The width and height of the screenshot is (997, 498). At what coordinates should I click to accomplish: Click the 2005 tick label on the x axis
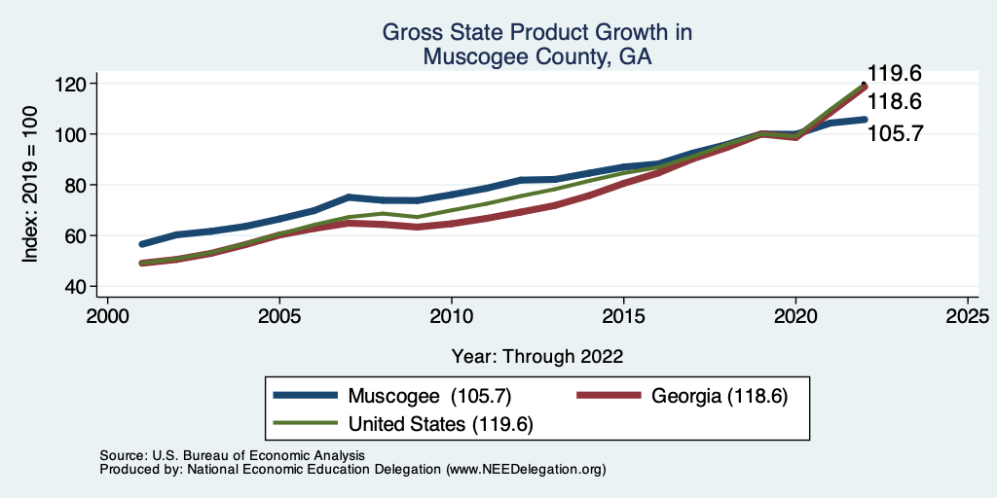[279, 316]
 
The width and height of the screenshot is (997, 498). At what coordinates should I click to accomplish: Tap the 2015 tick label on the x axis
[623, 316]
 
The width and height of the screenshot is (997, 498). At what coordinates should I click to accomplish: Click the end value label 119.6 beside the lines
[894, 74]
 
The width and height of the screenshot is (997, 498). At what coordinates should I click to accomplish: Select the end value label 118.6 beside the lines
[894, 102]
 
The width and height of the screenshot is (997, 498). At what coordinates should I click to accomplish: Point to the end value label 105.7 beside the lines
[894, 133]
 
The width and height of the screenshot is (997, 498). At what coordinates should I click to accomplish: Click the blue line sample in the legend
[307, 396]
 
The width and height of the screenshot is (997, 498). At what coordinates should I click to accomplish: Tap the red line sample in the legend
[609, 396]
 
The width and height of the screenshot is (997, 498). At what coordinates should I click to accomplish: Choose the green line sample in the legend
[307, 424]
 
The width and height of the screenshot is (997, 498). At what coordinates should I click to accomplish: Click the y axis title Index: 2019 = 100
[30, 186]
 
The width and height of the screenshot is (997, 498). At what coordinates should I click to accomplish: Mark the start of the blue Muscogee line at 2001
[142, 244]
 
